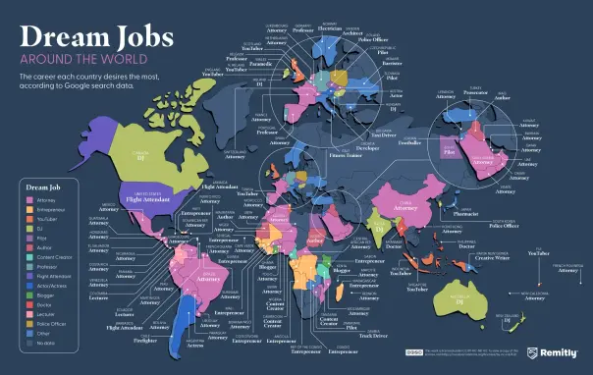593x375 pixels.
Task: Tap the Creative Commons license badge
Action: (413, 351)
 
